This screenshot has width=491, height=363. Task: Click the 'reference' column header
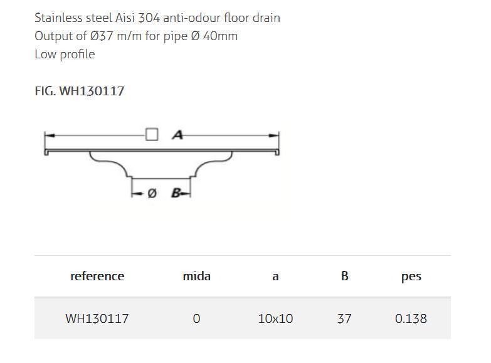97,276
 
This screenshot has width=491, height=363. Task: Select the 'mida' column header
196,276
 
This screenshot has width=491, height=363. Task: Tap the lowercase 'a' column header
275,276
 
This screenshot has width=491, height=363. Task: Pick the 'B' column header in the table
344,276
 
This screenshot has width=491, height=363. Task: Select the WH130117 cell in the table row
97,318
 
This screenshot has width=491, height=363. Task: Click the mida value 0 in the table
196,318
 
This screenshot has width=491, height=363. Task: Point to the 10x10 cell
275,318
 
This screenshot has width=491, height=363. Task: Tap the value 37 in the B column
344,318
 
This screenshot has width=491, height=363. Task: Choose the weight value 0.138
411,318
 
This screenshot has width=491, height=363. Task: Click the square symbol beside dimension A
152,135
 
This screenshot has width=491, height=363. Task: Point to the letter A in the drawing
177,135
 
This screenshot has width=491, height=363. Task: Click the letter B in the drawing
176,193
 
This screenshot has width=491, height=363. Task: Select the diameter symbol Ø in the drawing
152,194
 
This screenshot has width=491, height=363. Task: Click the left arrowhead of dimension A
48,135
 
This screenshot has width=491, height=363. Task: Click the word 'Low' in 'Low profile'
45,54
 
